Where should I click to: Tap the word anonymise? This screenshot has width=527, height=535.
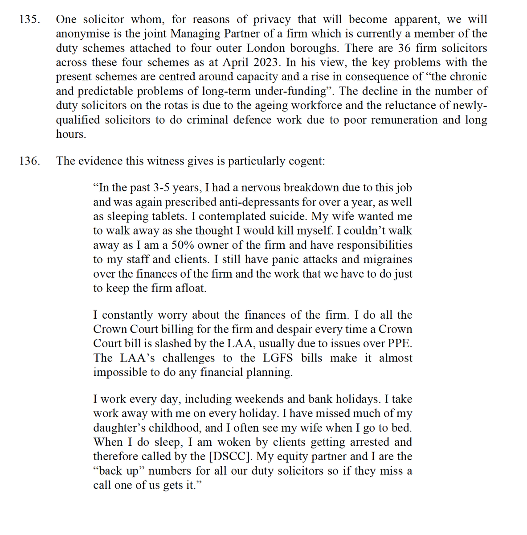tap(79, 34)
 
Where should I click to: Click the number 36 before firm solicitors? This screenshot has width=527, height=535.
tap(404, 48)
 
